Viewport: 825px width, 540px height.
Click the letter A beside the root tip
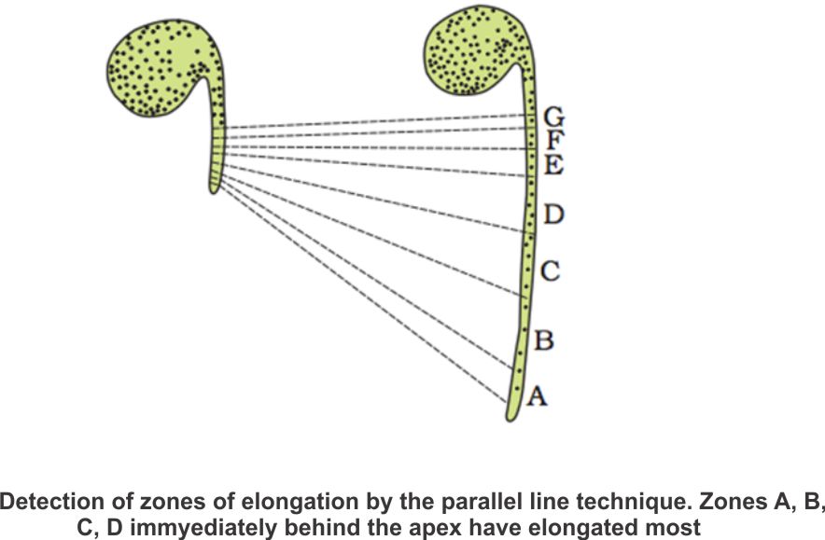click(537, 396)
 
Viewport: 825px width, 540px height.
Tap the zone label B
click(543, 340)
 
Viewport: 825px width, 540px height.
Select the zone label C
click(550, 272)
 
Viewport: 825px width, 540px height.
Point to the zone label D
click(553, 215)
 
